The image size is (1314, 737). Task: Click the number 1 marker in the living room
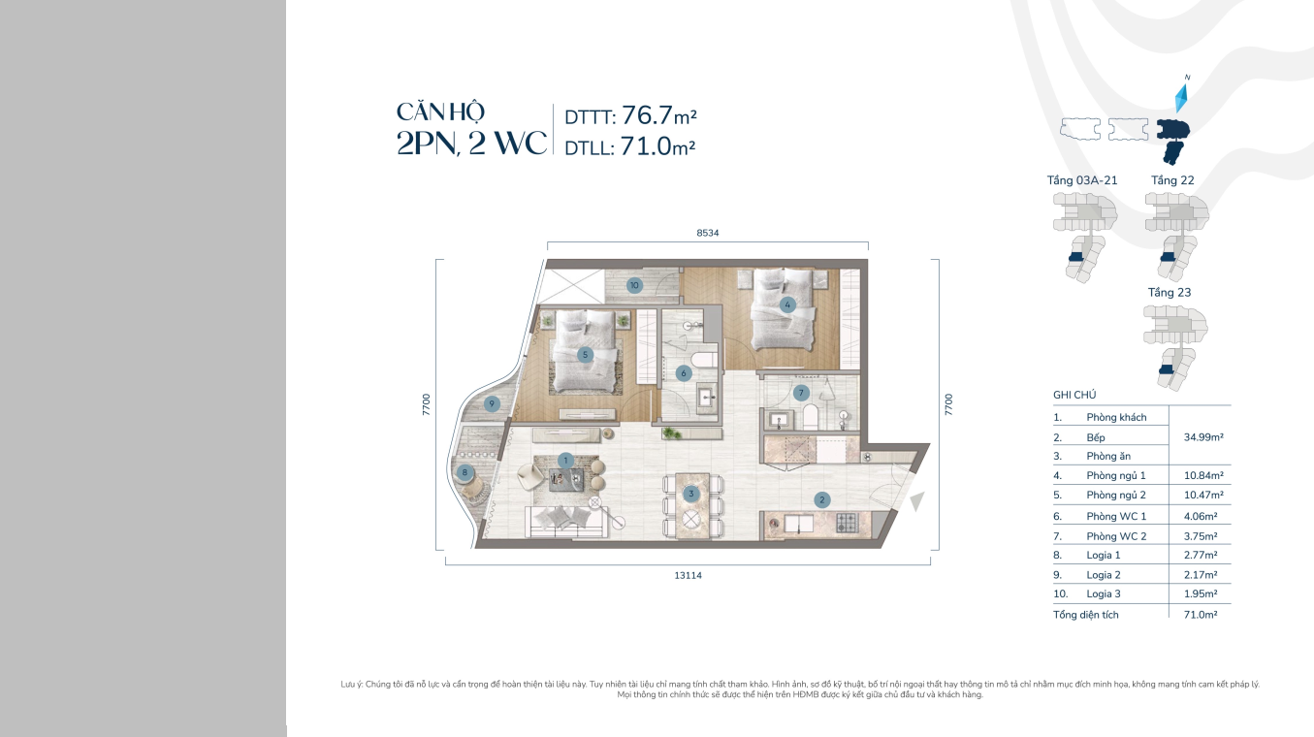coord(565,461)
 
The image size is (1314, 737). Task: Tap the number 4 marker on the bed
coord(787,304)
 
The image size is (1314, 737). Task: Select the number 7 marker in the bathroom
coord(801,393)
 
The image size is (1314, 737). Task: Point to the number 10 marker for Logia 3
coord(634,286)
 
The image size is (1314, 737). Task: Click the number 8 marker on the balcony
coord(465,472)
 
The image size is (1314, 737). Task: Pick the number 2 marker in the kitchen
coord(821,500)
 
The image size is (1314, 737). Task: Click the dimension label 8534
coord(708,233)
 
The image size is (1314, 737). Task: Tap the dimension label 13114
coord(688,576)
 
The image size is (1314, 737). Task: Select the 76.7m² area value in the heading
coord(659,115)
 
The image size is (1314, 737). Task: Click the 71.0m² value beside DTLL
coord(657,146)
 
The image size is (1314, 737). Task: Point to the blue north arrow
coord(1182,98)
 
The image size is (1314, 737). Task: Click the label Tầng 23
coord(1170,292)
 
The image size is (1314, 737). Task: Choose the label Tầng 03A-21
coord(1082,180)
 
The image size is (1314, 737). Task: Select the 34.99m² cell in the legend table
coord(1203,437)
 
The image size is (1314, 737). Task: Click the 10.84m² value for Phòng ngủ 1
coord(1203,476)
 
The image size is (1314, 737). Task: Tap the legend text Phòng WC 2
coord(1116,536)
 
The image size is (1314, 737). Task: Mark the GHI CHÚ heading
coord(1074,395)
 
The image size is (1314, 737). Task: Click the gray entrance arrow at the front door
coord(917,500)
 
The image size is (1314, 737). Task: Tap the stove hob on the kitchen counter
coord(847,523)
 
